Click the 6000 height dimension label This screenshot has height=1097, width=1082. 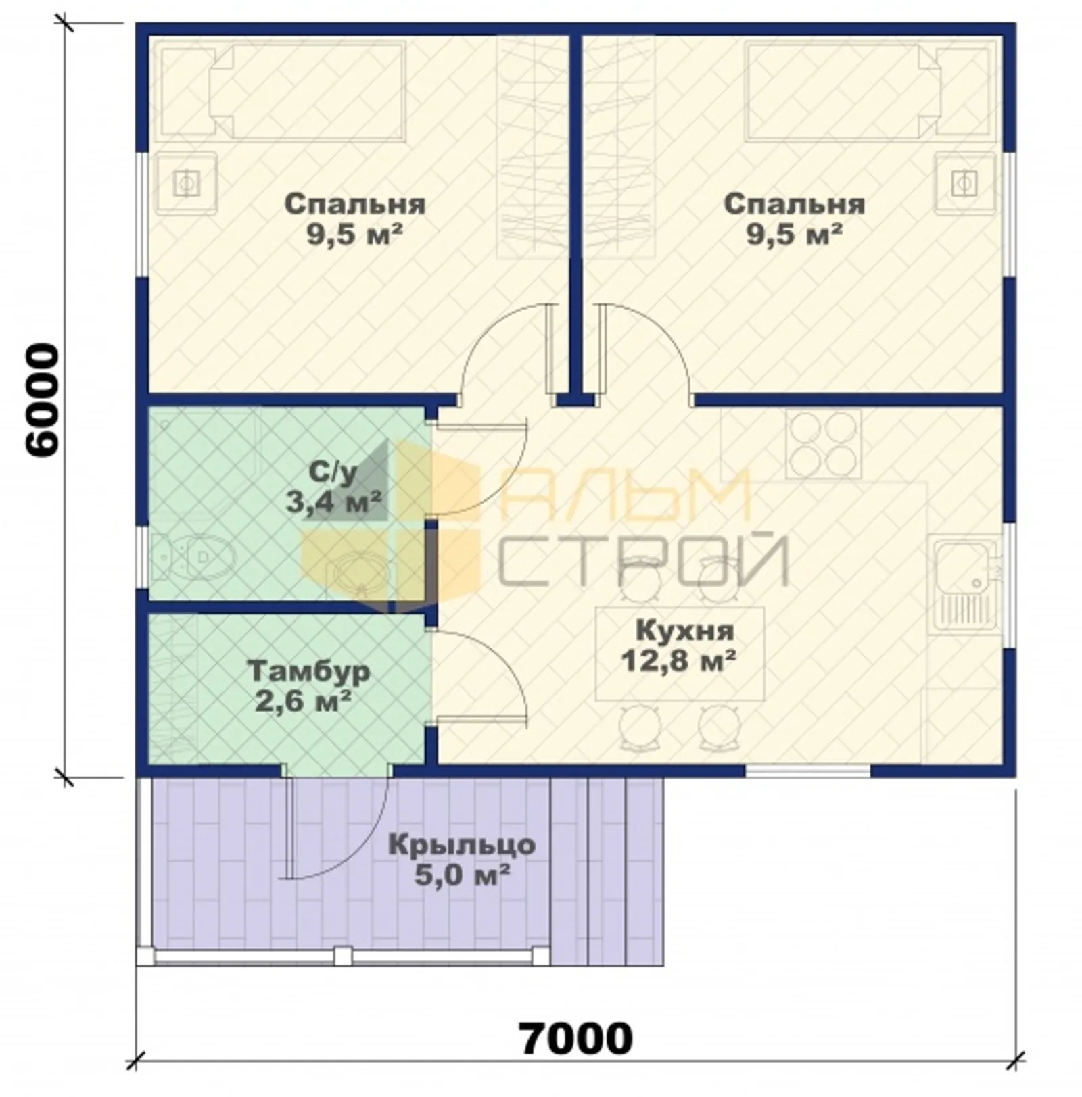point(41,401)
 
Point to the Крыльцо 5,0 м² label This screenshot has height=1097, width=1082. point(462,860)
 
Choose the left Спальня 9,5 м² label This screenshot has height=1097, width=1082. point(355,219)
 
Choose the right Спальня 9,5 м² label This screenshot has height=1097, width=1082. point(795,219)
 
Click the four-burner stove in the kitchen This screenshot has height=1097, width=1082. point(824,444)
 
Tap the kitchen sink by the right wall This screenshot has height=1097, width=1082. point(965,585)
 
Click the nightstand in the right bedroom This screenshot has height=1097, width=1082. point(964,182)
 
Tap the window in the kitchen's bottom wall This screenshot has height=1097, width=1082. point(808,771)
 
